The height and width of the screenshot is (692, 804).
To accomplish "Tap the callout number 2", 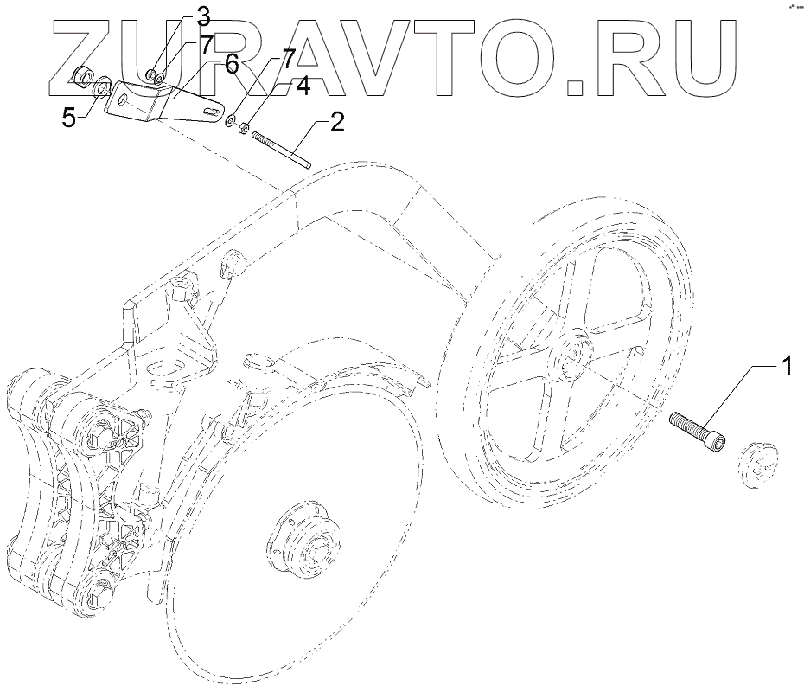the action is pos(336,120).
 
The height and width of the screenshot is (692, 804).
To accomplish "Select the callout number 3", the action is pos(203,16).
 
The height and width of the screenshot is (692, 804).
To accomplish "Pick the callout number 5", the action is pos(69,118).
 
